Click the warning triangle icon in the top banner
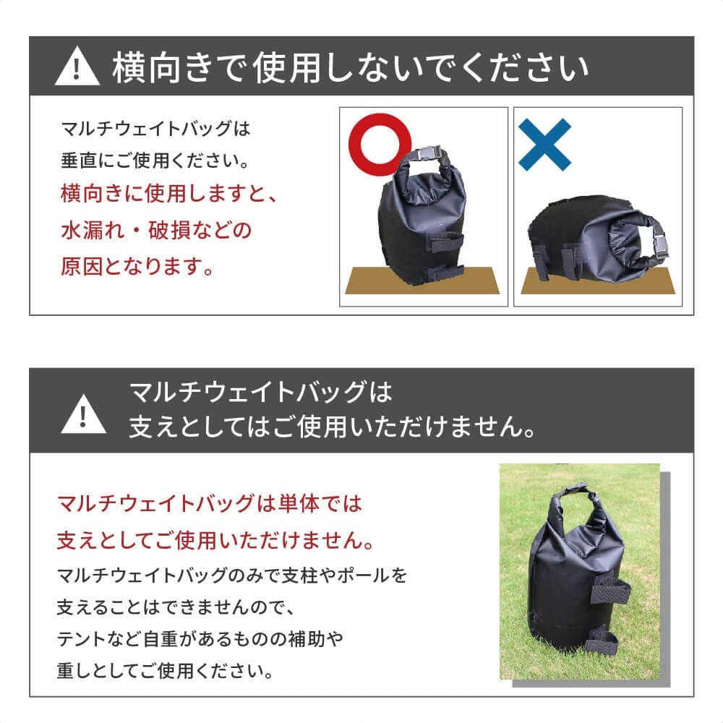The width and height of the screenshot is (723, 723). point(77,68)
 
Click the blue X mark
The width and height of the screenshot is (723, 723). point(544,144)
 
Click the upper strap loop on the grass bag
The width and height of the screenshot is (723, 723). point(611,589)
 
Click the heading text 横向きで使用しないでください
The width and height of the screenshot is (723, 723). point(350,68)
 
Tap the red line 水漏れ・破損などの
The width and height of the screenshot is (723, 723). point(156,231)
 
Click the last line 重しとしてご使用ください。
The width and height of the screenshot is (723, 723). point(166,672)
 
